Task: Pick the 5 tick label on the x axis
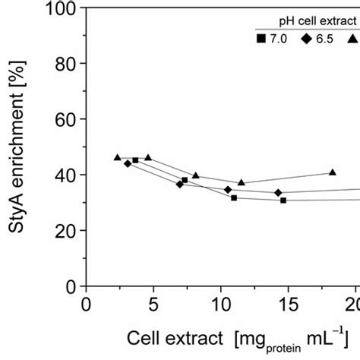(153, 305)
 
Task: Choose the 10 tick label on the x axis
(220, 305)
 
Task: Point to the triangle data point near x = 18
(332, 172)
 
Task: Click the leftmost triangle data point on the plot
(117, 157)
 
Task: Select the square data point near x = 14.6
(283, 200)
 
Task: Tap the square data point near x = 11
(234, 197)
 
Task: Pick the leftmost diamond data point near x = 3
(128, 163)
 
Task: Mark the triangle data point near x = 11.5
(242, 182)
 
